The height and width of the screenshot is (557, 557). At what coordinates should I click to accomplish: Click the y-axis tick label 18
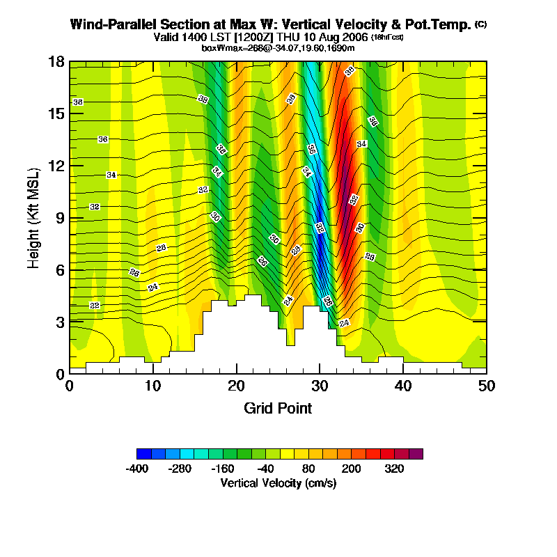(56, 62)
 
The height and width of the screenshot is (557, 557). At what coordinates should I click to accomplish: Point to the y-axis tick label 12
(56, 166)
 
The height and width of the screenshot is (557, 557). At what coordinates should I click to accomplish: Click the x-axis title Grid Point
(278, 408)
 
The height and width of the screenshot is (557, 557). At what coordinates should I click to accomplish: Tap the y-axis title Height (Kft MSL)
(33, 217)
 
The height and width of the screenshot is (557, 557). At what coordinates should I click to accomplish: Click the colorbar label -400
(137, 469)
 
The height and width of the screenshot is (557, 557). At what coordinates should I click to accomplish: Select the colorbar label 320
(394, 469)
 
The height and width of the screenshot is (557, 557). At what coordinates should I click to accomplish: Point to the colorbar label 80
(308, 469)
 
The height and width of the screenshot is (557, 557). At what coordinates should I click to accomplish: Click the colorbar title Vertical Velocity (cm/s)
(278, 483)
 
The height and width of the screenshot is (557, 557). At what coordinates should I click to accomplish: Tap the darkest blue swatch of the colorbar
(144, 454)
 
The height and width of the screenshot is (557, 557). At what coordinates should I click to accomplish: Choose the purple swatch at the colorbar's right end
(416, 454)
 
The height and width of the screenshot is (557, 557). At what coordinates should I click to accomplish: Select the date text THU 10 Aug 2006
(322, 36)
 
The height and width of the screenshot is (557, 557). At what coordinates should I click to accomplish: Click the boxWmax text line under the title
(278, 47)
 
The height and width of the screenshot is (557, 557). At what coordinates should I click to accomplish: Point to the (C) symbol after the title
(480, 24)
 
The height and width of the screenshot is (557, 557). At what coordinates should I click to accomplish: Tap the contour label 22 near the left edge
(95, 305)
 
